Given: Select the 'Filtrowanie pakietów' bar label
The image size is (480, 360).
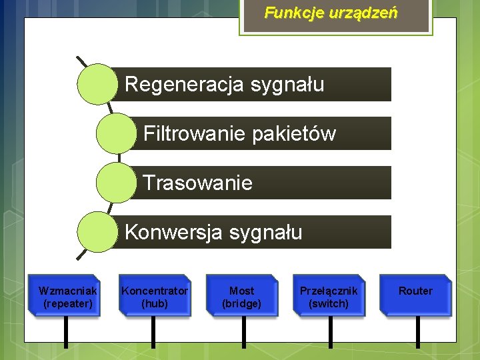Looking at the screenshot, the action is (239, 134).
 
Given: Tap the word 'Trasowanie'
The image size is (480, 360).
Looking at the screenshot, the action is (198, 183).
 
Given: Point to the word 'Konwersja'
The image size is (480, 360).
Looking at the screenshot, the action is (175, 232).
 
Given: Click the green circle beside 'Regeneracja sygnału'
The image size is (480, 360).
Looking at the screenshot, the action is (97, 84).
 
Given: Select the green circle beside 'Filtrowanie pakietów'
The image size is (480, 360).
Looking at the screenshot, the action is (116, 133).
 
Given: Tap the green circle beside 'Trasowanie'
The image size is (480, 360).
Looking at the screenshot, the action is (116, 183).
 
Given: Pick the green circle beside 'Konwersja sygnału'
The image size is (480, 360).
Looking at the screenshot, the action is (97, 232).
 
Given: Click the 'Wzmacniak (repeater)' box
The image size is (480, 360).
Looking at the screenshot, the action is (67, 296).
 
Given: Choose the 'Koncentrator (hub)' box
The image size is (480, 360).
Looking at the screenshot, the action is (155, 296).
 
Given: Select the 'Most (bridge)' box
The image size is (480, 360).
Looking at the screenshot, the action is (241, 296).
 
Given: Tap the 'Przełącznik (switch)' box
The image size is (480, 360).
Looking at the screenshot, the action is (329, 296).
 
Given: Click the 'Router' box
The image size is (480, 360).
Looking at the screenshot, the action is (415, 296).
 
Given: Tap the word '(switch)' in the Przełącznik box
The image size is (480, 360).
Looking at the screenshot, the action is (329, 304).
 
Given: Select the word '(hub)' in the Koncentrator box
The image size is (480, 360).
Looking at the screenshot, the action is (155, 304).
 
